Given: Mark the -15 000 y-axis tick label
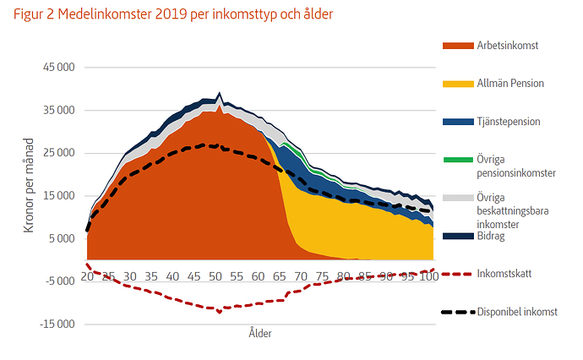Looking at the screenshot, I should [x=57, y=325].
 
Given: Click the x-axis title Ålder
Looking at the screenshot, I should [x=260, y=333].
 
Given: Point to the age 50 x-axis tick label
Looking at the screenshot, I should [x=215, y=276].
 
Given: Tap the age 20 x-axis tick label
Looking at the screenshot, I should [x=87, y=276].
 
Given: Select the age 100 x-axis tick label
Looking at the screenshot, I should [x=429, y=276].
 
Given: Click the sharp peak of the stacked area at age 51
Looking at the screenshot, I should [x=220, y=93].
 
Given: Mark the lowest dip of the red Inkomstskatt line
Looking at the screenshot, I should [x=220, y=312].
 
